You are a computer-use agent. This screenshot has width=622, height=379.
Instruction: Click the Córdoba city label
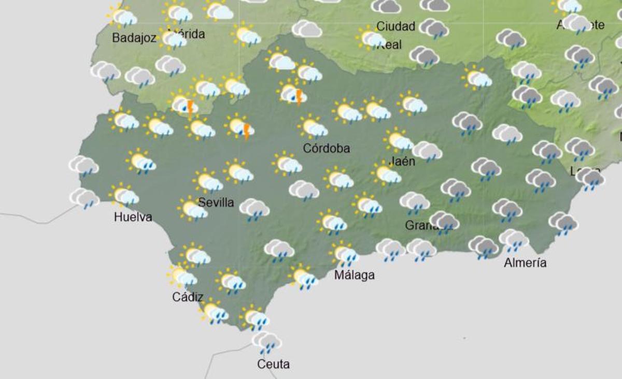[x=326, y=149]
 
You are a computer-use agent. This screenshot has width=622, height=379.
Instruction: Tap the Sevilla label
[x=216, y=202]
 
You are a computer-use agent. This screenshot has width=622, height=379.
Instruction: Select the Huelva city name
[x=133, y=217]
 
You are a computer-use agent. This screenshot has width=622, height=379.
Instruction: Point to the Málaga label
[x=354, y=275]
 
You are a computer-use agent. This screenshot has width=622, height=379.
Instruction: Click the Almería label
[x=525, y=263]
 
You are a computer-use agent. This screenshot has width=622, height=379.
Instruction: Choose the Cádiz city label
[x=187, y=297]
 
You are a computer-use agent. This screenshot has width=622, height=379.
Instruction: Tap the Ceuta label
[x=273, y=365]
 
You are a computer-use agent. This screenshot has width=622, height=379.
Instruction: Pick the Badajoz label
[x=134, y=38]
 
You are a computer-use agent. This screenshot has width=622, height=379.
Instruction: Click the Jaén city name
[x=402, y=161]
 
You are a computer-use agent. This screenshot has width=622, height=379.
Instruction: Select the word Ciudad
[x=395, y=26]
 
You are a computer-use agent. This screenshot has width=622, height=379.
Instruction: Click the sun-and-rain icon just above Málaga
[x=344, y=254]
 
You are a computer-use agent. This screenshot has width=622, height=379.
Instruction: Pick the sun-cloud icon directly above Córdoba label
[x=313, y=127]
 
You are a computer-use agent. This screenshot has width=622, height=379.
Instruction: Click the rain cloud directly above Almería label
[x=513, y=240]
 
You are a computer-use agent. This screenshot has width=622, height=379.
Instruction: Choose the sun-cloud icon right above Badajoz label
[x=122, y=17]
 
